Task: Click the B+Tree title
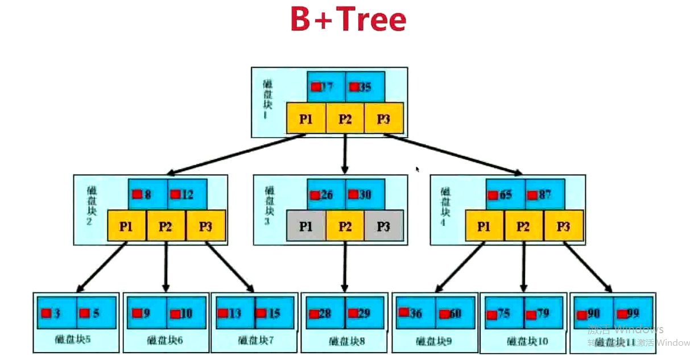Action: [x=348, y=20]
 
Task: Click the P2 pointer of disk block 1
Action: [x=345, y=119]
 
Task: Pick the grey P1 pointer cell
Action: [x=306, y=226]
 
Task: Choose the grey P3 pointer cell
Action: [x=383, y=226]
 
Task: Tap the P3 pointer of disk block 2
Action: [x=205, y=226]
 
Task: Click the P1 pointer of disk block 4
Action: [x=484, y=226]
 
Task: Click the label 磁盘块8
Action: [x=345, y=342]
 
